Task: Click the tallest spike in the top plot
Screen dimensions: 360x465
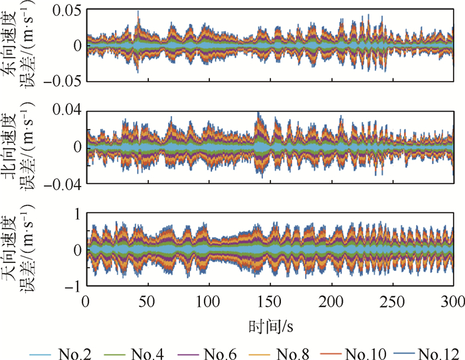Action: click(x=138, y=12)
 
